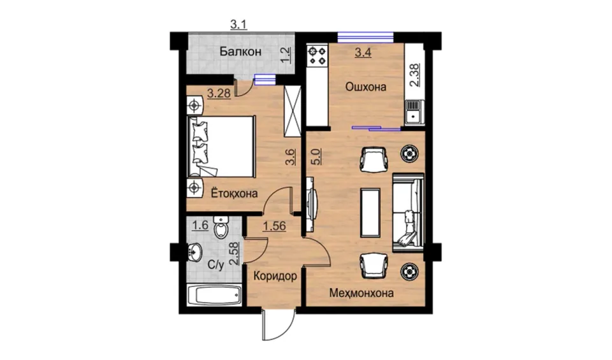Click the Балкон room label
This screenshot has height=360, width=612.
[x=240, y=52]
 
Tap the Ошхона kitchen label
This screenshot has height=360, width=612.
[x=366, y=87]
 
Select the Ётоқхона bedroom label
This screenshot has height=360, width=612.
[x=234, y=193]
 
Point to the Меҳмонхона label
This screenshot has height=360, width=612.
[x=361, y=292]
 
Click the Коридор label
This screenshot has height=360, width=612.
[x=275, y=276]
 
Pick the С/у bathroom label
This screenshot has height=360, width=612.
[x=216, y=265]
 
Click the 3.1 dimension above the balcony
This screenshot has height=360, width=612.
[x=238, y=25]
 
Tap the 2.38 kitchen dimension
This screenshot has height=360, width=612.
[x=414, y=75]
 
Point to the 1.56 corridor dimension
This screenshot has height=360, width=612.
[x=274, y=226]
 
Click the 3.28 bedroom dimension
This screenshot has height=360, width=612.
[x=219, y=94]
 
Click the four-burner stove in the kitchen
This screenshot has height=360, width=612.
[x=317, y=55]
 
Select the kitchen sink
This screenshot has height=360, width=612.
[x=414, y=112]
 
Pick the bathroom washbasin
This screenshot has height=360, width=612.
[x=195, y=252]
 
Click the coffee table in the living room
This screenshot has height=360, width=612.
[x=370, y=213]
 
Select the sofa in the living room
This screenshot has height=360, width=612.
[x=408, y=213]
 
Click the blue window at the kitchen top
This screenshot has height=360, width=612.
[x=365, y=37]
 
